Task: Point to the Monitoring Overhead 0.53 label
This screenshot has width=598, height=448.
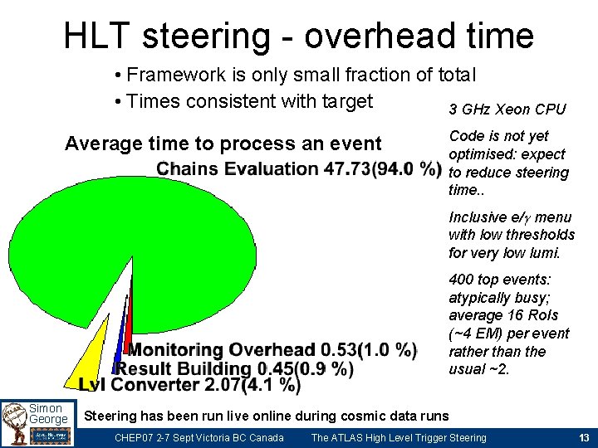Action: click(x=272, y=350)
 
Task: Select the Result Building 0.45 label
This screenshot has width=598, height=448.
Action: click(x=235, y=368)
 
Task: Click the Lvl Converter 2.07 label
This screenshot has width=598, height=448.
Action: click(x=189, y=385)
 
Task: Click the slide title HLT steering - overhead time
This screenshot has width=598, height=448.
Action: click(x=298, y=36)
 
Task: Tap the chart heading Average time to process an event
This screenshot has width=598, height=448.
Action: click(x=223, y=144)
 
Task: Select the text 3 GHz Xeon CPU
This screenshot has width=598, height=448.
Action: click(x=507, y=110)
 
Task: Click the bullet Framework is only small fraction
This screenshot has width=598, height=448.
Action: click(x=295, y=75)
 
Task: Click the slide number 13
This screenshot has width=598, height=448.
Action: click(x=583, y=438)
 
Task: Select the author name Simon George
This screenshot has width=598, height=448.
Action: click(x=48, y=414)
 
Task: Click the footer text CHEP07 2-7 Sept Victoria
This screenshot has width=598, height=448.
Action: click(x=199, y=438)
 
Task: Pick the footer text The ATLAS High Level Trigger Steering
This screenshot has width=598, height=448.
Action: click(x=398, y=438)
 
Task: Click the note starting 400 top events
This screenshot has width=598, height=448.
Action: click(x=508, y=324)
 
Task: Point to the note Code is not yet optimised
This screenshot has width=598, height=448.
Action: click(x=507, y=163)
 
